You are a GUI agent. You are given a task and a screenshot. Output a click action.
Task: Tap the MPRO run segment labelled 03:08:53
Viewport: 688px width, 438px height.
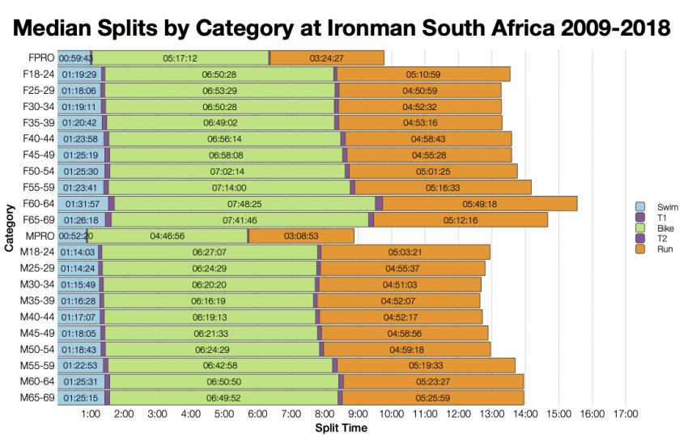pos(301,236)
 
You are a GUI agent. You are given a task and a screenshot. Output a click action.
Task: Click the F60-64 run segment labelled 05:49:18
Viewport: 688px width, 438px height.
pos(479,204)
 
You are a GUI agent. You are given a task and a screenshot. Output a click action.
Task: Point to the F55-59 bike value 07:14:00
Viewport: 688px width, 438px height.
pos(229,188)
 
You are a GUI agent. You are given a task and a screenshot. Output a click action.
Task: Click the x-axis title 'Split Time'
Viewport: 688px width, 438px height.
pos(341,427)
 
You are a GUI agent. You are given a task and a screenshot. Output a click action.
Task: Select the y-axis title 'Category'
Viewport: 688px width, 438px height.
pos(11,228)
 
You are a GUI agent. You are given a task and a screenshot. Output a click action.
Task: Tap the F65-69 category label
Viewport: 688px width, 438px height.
pos(38,219)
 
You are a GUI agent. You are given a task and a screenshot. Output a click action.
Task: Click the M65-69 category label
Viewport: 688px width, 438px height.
pos(37,397)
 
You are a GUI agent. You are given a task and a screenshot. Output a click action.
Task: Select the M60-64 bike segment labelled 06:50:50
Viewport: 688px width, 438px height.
pos(223,381)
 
